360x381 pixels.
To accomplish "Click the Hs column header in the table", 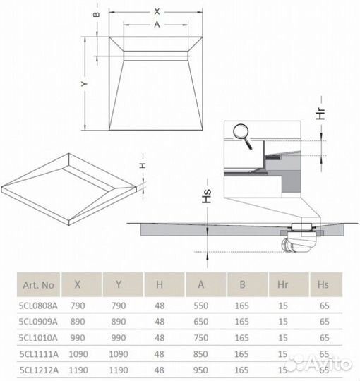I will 324,286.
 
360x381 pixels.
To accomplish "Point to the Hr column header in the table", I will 283,286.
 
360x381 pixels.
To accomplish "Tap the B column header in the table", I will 242,286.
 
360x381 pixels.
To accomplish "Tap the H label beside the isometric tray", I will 140,164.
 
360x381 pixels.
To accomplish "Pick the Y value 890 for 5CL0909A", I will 119,321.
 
